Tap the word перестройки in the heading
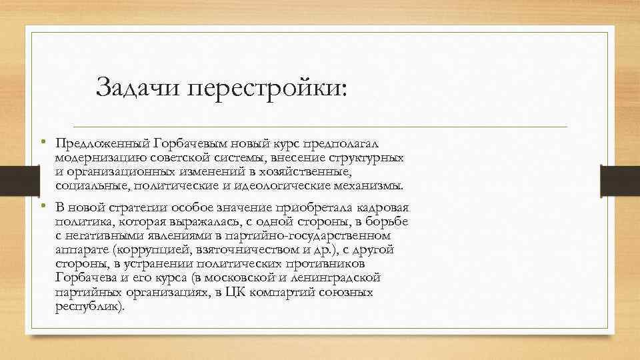(x=266, y=87)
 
